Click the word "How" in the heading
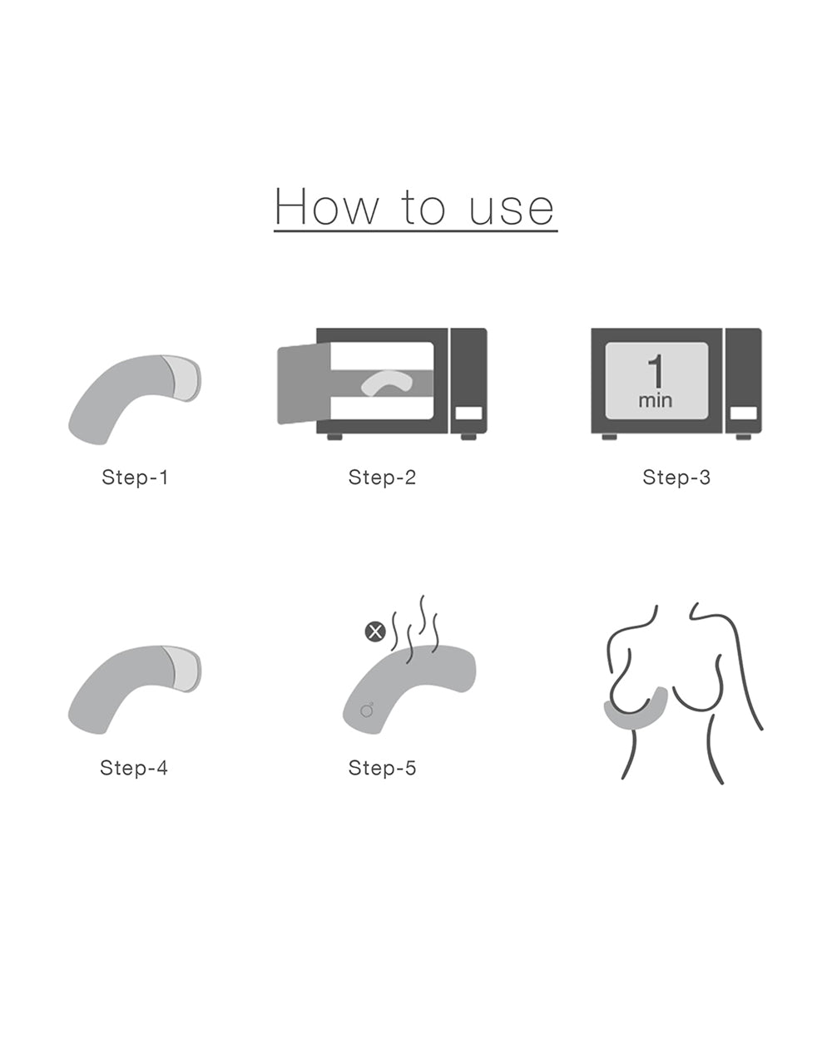pos(326,207)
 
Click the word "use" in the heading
pos(512,210)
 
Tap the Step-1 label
pos(135,477)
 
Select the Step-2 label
pos(382,477)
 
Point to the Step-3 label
pos(676,477)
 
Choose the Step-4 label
pos(134,767)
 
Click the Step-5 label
pos(382,767)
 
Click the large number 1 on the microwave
pos(656,371)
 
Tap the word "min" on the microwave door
pos(656,400)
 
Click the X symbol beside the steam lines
pos(375,631)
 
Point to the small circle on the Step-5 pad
pos(366,711)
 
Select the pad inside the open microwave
pos(387,382)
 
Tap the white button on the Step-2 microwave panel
pos(468,414)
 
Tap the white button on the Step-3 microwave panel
pos(744,414)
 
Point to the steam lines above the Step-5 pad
pos(416,628)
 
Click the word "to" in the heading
pos(423,208)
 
